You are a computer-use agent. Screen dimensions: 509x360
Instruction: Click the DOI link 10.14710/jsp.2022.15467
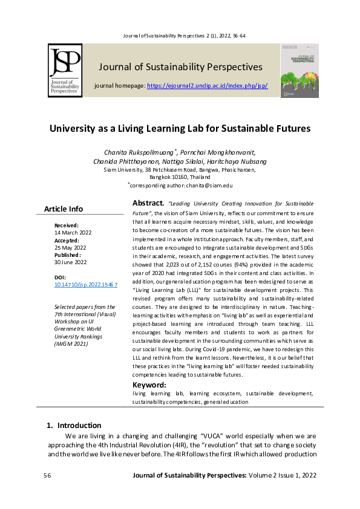point(86,284)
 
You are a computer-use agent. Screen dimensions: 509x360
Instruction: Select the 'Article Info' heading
point(64,209)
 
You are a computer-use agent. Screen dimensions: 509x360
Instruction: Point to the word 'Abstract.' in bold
point(148,203)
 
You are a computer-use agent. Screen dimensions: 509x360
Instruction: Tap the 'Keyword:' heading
point(149,384)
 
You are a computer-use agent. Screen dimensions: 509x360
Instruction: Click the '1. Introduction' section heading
point(74,425)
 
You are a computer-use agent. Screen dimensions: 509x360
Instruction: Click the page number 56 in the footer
point(48,476)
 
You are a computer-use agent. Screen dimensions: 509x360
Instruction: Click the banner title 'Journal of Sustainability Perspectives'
point(180,66)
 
